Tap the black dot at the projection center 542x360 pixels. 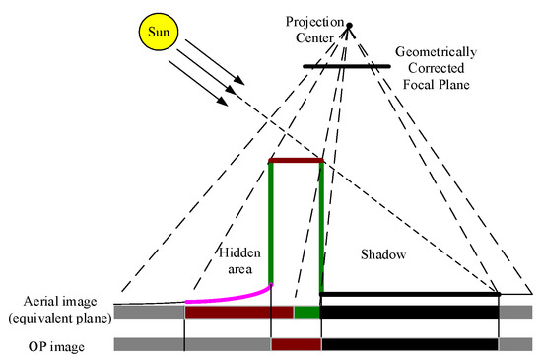click(x=348, y=26)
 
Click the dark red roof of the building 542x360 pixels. click(x=296, y=161)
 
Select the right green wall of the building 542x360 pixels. click(x=321, y=227)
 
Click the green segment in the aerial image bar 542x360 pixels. click(x=307, y=312)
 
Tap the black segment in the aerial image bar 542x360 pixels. click(x=410, y=312)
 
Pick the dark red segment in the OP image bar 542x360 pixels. click(x=296, y=345)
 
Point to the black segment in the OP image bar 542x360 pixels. click(x=410, y=345)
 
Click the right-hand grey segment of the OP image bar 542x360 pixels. click(x=515, y=345)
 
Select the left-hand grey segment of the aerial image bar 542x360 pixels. click(x=149, y=312)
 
